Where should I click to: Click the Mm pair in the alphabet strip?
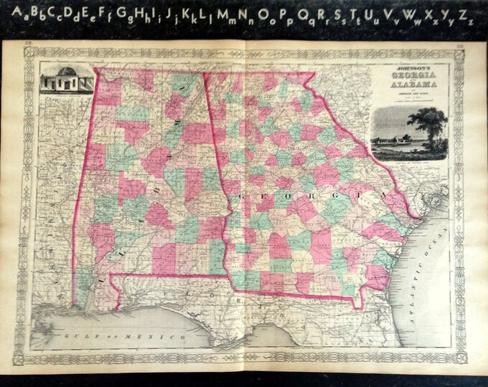(229, 14)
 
